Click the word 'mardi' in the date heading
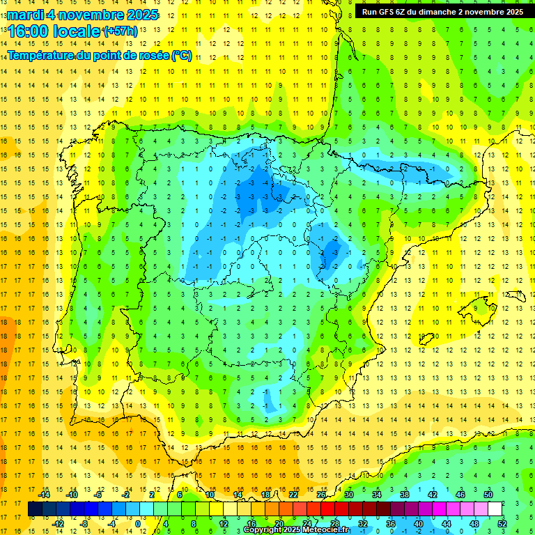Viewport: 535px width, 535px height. click(27, 15)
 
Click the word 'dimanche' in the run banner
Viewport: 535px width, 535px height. click(440, 12)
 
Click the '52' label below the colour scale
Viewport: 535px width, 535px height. click(502, 523)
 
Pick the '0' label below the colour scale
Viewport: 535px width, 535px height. click(137, 523)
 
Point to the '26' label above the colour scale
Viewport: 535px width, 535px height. click(322, 495)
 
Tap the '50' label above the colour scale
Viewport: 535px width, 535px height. click(488, 495)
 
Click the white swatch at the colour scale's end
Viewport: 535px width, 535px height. click(495, 509)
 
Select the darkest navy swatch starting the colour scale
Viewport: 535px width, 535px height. click(35, 509)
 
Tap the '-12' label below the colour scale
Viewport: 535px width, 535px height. click(58, 523)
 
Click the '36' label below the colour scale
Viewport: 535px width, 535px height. click(391, 523)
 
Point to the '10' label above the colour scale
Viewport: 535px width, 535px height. click(210, 495)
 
